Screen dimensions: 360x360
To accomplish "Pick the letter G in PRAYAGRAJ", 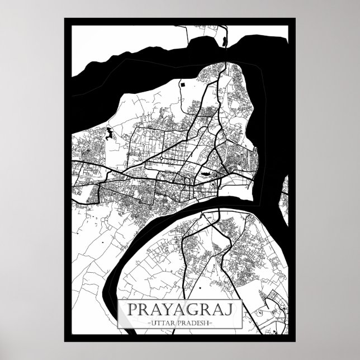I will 188,309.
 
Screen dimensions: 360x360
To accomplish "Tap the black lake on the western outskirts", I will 107,134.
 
